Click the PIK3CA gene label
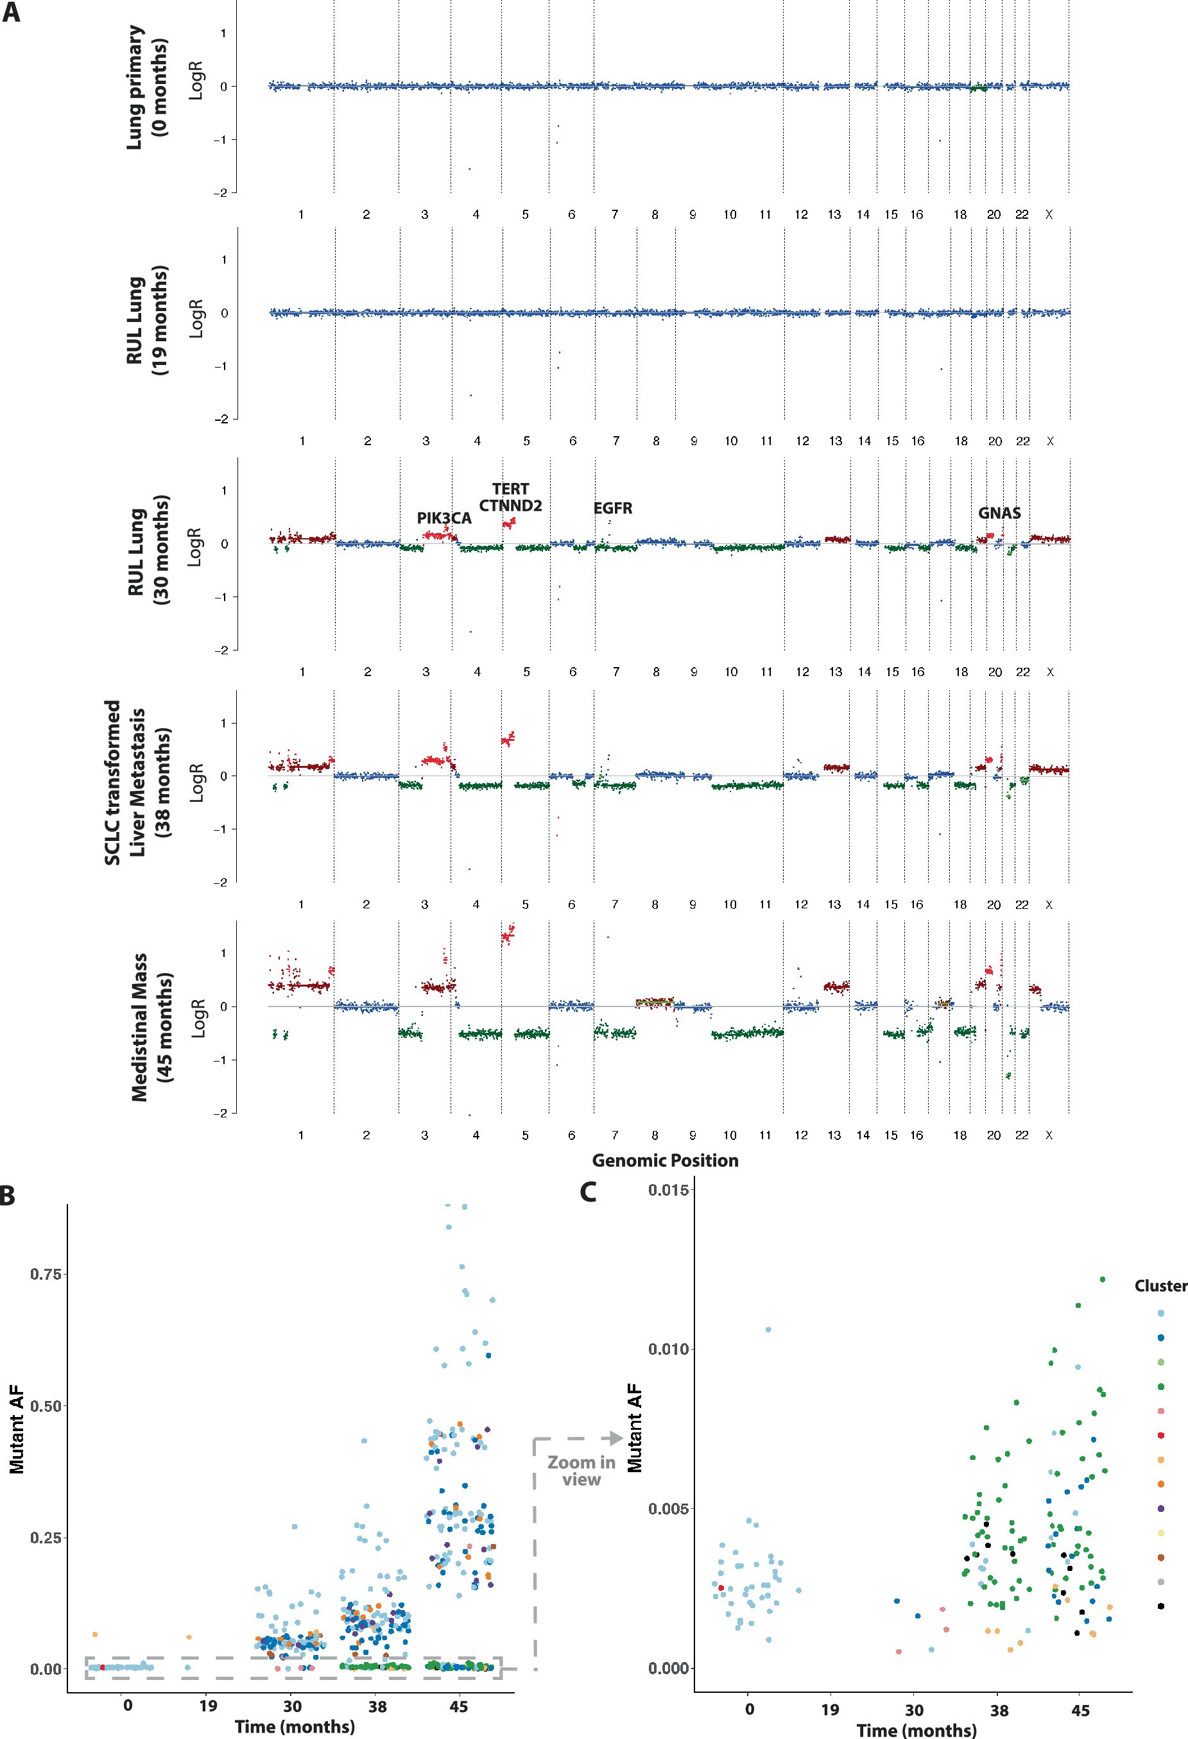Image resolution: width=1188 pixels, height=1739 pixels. [x=444, y=518]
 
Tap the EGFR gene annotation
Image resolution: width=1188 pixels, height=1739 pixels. [x=612, y=509]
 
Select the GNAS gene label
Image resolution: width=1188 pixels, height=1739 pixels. [x=999, y=513]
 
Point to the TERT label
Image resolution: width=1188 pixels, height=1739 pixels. [x=510, y=489]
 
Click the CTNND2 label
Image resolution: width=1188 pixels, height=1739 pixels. [x=510, y=506]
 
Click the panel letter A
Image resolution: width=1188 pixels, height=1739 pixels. [x=11, y=13]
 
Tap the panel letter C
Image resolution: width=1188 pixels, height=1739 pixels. [x=589, y=1192]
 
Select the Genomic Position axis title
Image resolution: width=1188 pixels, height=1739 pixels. [x=665, y=1160]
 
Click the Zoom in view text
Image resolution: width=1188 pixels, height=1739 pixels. [x=581, y=1470]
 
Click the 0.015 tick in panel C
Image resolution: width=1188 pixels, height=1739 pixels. [x=669, y=1190]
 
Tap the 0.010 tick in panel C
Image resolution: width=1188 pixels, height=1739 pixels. [x=669, y=1349]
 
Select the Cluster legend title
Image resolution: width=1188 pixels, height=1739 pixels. [x=1160, y=1285]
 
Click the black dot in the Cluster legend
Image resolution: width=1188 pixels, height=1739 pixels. [x=1160, y=1606]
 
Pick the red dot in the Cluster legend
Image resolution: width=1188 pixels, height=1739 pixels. [x=1160, y=1435]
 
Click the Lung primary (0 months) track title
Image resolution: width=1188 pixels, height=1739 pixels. [x=148, y=87]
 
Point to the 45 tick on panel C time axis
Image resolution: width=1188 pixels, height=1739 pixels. [x=1080, y=1710]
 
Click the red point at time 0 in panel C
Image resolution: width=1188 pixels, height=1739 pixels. [x=721, y=1588]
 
